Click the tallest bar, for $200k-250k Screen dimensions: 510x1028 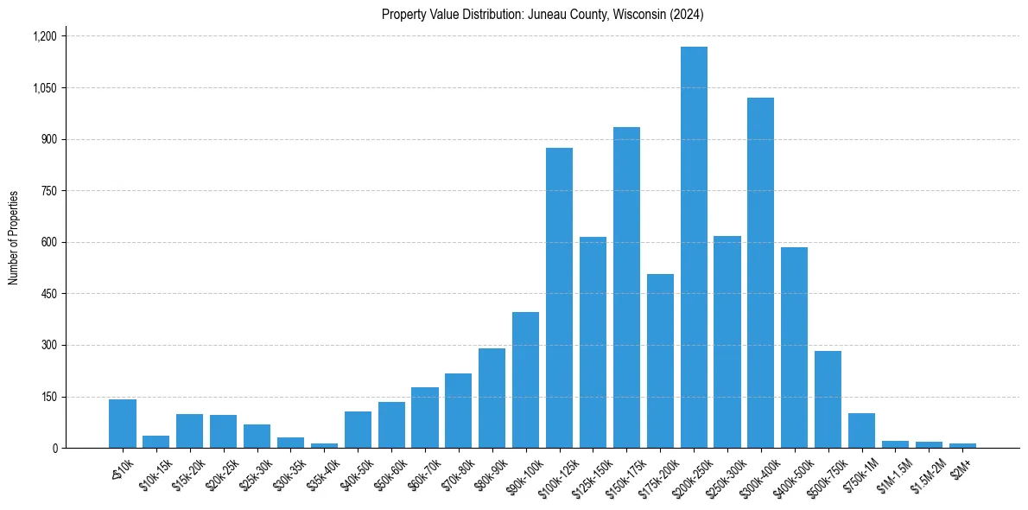click(694, 247)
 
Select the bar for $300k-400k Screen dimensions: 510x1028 click(760, 273)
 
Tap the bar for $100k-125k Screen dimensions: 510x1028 click(559, 298)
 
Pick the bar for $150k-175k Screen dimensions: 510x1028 click(626, 288)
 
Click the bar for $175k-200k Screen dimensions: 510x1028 click(660, 361)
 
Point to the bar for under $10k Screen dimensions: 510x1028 click(123, 424)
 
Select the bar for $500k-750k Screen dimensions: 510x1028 click(828, 399)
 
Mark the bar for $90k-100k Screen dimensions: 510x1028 click(525, 380)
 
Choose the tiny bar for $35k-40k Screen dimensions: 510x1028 click(324, 445)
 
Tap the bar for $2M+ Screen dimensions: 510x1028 click(962, 445)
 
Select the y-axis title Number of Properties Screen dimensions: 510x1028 click(14, 238)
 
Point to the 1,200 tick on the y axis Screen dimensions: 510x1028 click(44, 36)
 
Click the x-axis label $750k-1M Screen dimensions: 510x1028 click(856, 474)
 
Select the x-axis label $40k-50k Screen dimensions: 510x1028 click(353, 474)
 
